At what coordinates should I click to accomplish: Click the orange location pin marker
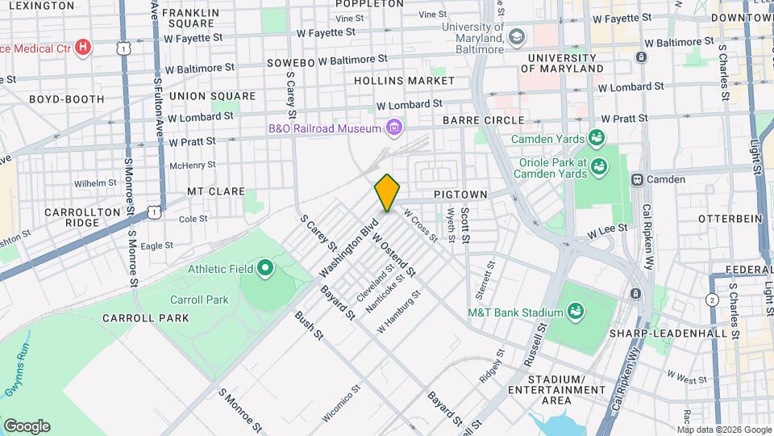coord(387,192)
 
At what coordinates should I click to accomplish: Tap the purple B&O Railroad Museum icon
coord(393,128)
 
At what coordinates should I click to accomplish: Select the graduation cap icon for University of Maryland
coord(517,37)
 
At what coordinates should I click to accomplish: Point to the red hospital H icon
coord(81,48)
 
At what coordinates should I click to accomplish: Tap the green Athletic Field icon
coord(264,268)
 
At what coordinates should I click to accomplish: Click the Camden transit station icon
coord(637,179)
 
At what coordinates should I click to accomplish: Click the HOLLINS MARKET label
coord(404,82)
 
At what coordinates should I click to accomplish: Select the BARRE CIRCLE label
coord(483,121)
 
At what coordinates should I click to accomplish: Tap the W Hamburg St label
coord(399,311)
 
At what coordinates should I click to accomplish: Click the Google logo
coord(27,426)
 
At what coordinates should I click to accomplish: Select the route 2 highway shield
coord(711,300)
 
